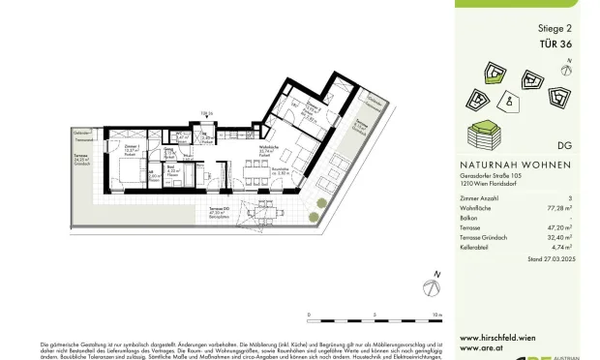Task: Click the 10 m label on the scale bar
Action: point(438,315)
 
